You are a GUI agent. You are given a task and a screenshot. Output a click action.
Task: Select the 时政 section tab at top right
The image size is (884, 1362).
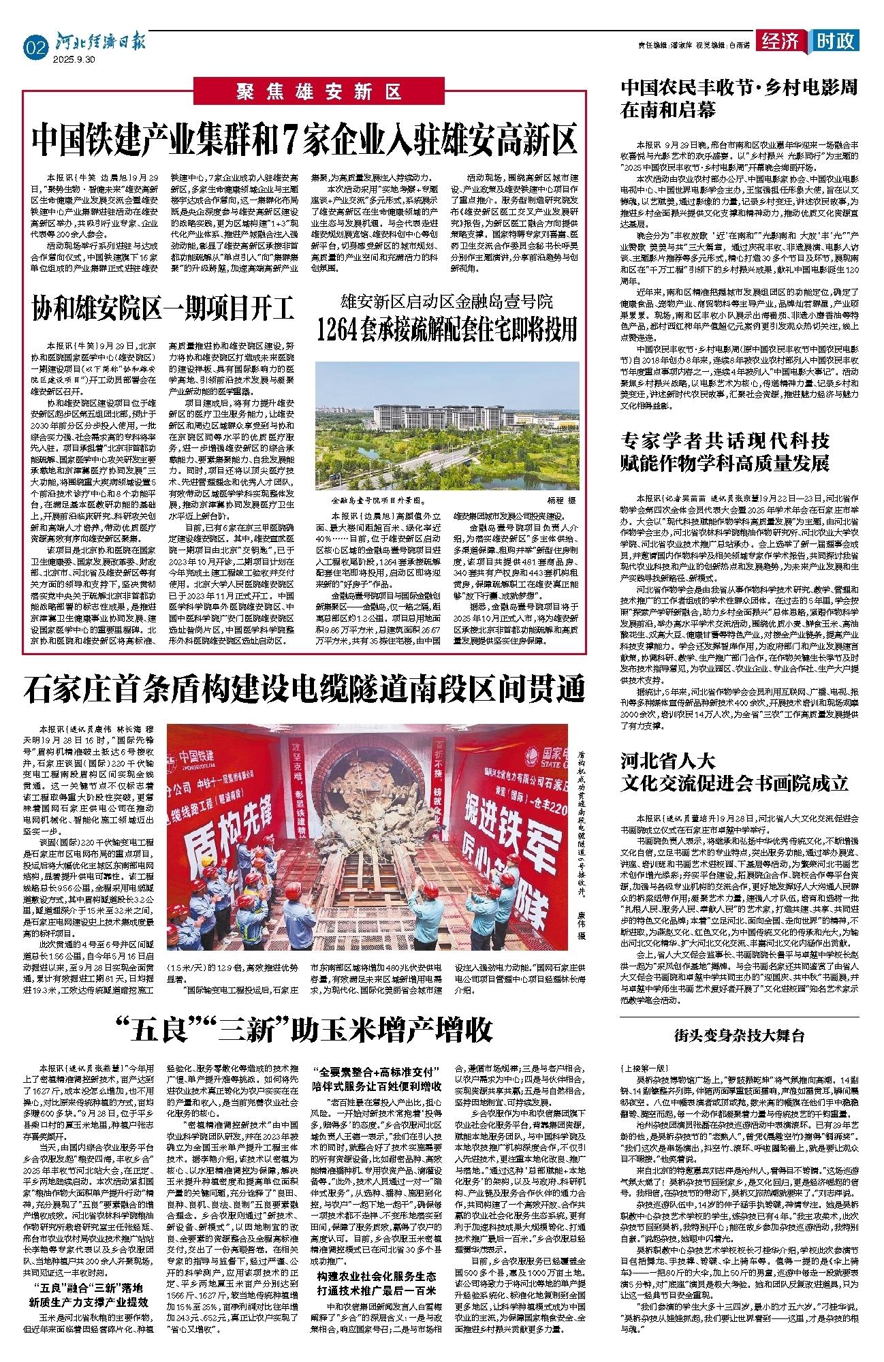pos(836,42)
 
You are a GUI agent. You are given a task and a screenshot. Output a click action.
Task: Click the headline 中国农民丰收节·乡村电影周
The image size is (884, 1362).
pos(739,88)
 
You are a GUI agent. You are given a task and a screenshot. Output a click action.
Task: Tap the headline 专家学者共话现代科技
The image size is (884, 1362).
pos(725,439)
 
